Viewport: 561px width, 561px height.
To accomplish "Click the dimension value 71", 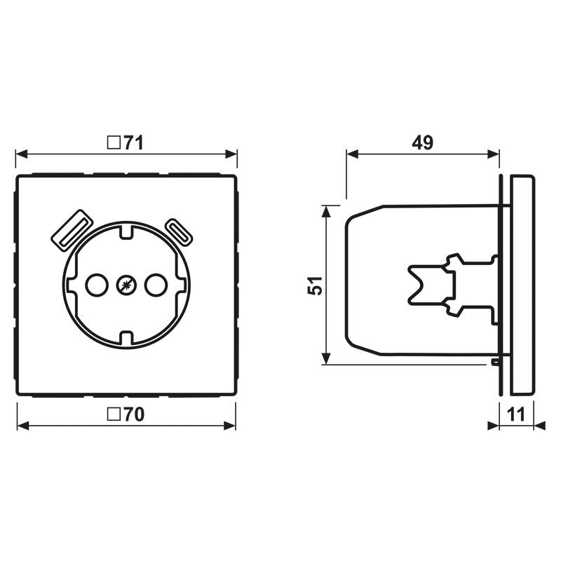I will [x=135, y=143].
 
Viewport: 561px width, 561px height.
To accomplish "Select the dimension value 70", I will [x=135, y=414].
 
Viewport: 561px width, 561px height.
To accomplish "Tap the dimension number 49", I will [x=422, y=143].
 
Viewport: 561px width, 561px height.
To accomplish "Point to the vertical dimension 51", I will [x=317, y=285].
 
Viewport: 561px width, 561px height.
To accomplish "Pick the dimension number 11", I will [x=516, y=414].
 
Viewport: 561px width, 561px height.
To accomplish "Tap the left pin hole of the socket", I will [x=95, y=285].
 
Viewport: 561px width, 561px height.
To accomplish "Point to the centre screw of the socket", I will [x=125, y=285].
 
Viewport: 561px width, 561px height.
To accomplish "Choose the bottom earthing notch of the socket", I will [x=125, y=338].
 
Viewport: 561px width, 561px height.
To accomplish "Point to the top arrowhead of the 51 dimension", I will [x=326, y=210].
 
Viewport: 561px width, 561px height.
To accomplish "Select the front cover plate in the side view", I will [x=522, y=285].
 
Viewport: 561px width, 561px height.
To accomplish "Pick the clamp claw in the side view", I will [x=431, y=285].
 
